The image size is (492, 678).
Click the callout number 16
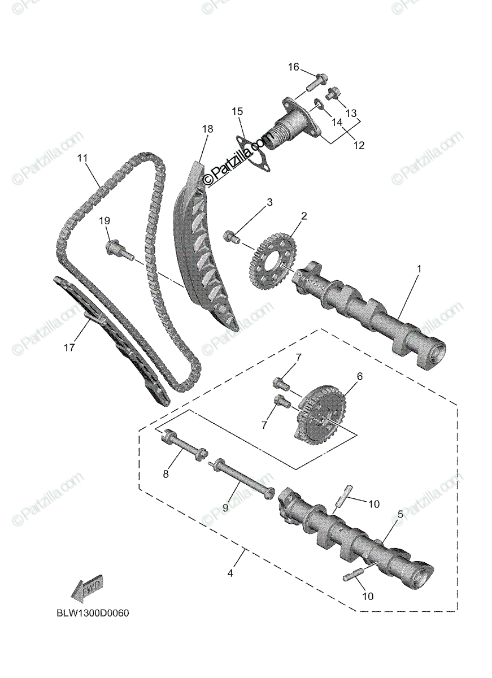(x=293, y=67)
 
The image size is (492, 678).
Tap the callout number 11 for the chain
(x=83, y=159)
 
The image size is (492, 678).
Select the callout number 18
(x=207, y=129)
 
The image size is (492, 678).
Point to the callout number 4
(x=230, y=573)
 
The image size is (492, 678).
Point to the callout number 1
(x=419, y=270)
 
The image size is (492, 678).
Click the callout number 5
(x=400, y=514)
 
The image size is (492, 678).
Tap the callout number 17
(x=69, y=348)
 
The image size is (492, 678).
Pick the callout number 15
(x=236, y=111)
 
